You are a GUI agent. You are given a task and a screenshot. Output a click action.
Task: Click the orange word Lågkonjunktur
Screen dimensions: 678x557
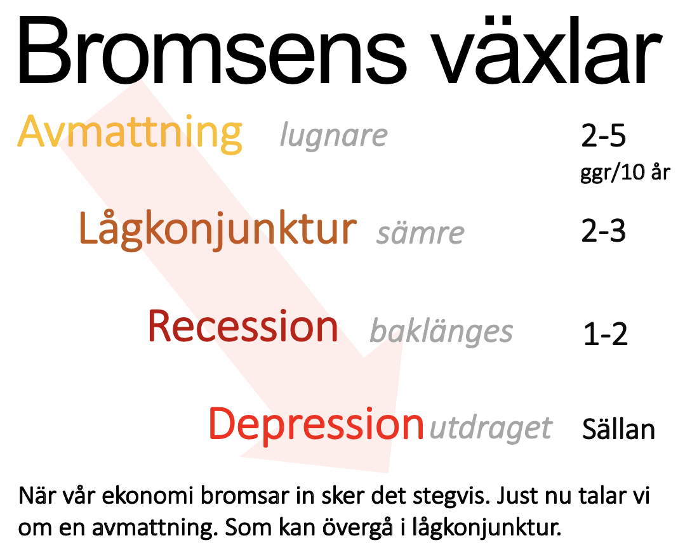click(218, 230)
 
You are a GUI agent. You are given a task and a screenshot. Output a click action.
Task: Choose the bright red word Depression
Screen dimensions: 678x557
click(316, 425)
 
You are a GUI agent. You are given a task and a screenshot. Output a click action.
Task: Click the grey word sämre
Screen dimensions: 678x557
click(420, 233)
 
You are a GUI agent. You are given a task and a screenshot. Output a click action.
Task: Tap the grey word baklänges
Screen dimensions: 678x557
click(441, 331)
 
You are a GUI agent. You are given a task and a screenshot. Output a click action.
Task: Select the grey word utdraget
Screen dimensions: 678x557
click(491, 429)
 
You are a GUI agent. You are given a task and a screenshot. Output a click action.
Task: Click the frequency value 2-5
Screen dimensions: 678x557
click(604, 136)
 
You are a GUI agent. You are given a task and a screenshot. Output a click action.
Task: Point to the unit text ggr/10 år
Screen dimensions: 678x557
click(625, 173)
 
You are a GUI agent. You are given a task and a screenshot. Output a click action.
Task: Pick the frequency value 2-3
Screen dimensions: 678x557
click(604, 231)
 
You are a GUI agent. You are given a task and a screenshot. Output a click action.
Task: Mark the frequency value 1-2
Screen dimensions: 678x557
click(606, 334)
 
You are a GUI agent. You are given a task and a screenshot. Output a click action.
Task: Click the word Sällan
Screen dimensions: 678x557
click(619, 429)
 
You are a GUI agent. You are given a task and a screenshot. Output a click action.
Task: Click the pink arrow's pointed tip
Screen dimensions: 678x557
click(389, 472)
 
